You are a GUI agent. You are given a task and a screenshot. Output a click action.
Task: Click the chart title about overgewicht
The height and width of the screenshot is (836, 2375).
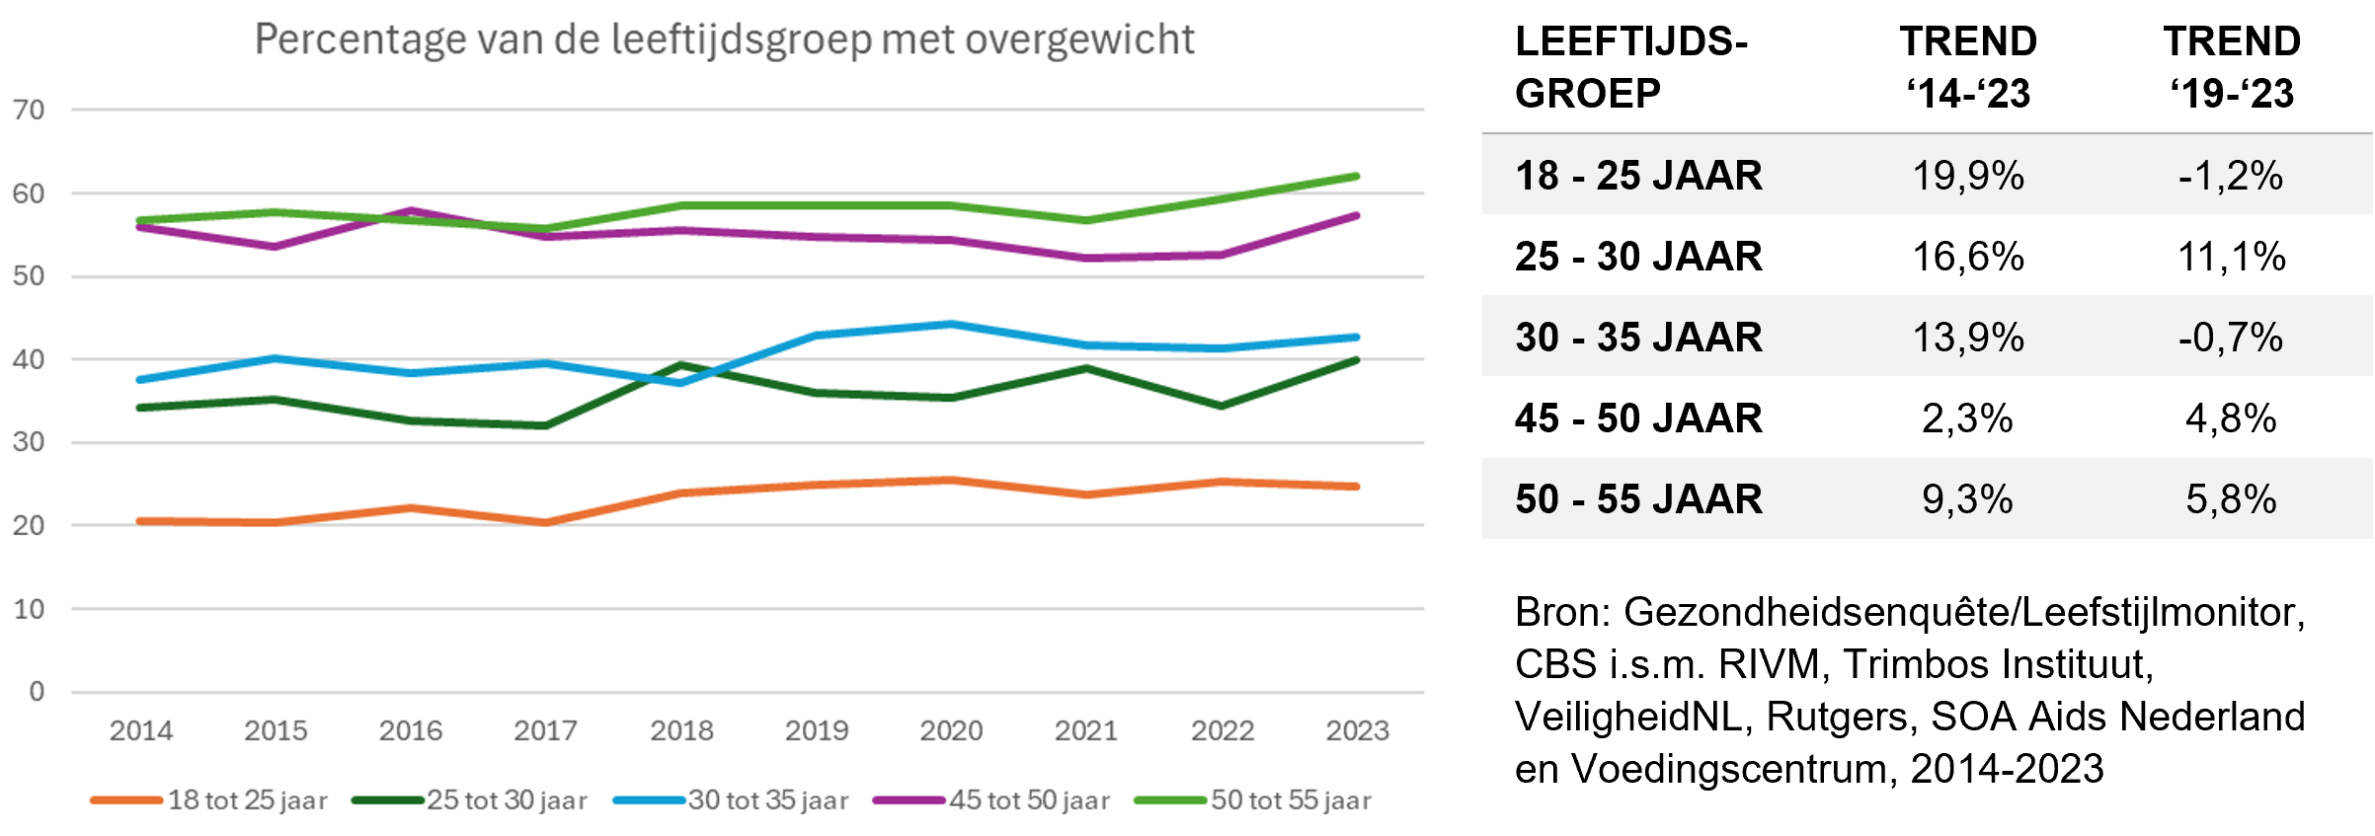(724, 39)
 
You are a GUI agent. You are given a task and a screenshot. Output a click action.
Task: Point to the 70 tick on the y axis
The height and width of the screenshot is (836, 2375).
(29, 110)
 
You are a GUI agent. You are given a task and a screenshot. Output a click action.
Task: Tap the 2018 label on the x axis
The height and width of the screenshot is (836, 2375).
(681, 730)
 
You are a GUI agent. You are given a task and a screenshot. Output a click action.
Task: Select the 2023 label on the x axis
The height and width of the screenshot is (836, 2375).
(1357, 730)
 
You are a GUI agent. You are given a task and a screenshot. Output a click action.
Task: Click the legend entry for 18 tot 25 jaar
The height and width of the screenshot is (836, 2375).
(209, 799)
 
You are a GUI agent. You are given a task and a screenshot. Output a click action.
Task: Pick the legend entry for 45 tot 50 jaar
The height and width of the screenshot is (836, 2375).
(991, 799)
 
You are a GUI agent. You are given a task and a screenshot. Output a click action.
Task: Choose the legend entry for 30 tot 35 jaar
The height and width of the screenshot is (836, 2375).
(731, 799)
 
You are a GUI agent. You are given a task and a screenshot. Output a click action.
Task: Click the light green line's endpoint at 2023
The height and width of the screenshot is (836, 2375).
(1357, 177)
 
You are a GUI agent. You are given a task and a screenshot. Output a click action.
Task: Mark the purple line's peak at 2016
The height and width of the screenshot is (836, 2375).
(411, 210)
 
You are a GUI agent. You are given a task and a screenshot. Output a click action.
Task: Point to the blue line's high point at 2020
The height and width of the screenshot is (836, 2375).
(951, 324)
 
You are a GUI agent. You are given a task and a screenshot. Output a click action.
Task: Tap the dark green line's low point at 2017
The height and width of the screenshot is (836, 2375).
(546, 425)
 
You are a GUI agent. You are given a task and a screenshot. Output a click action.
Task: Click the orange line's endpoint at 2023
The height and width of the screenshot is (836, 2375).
(1357, 487)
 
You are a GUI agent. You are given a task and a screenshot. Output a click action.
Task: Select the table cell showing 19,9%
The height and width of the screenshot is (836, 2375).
(1967, 176)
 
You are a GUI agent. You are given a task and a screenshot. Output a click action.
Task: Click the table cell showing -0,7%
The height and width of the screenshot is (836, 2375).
(2231, 338)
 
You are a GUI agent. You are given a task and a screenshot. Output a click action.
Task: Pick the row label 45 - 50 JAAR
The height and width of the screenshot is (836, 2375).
(1638, 418)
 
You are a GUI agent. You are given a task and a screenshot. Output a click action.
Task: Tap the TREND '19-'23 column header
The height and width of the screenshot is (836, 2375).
(2232, 67)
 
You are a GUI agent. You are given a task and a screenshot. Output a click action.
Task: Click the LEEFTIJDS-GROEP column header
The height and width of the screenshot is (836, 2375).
(1630, 67)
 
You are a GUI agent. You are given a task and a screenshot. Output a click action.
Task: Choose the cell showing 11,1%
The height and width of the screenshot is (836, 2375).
(2231, 257)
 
